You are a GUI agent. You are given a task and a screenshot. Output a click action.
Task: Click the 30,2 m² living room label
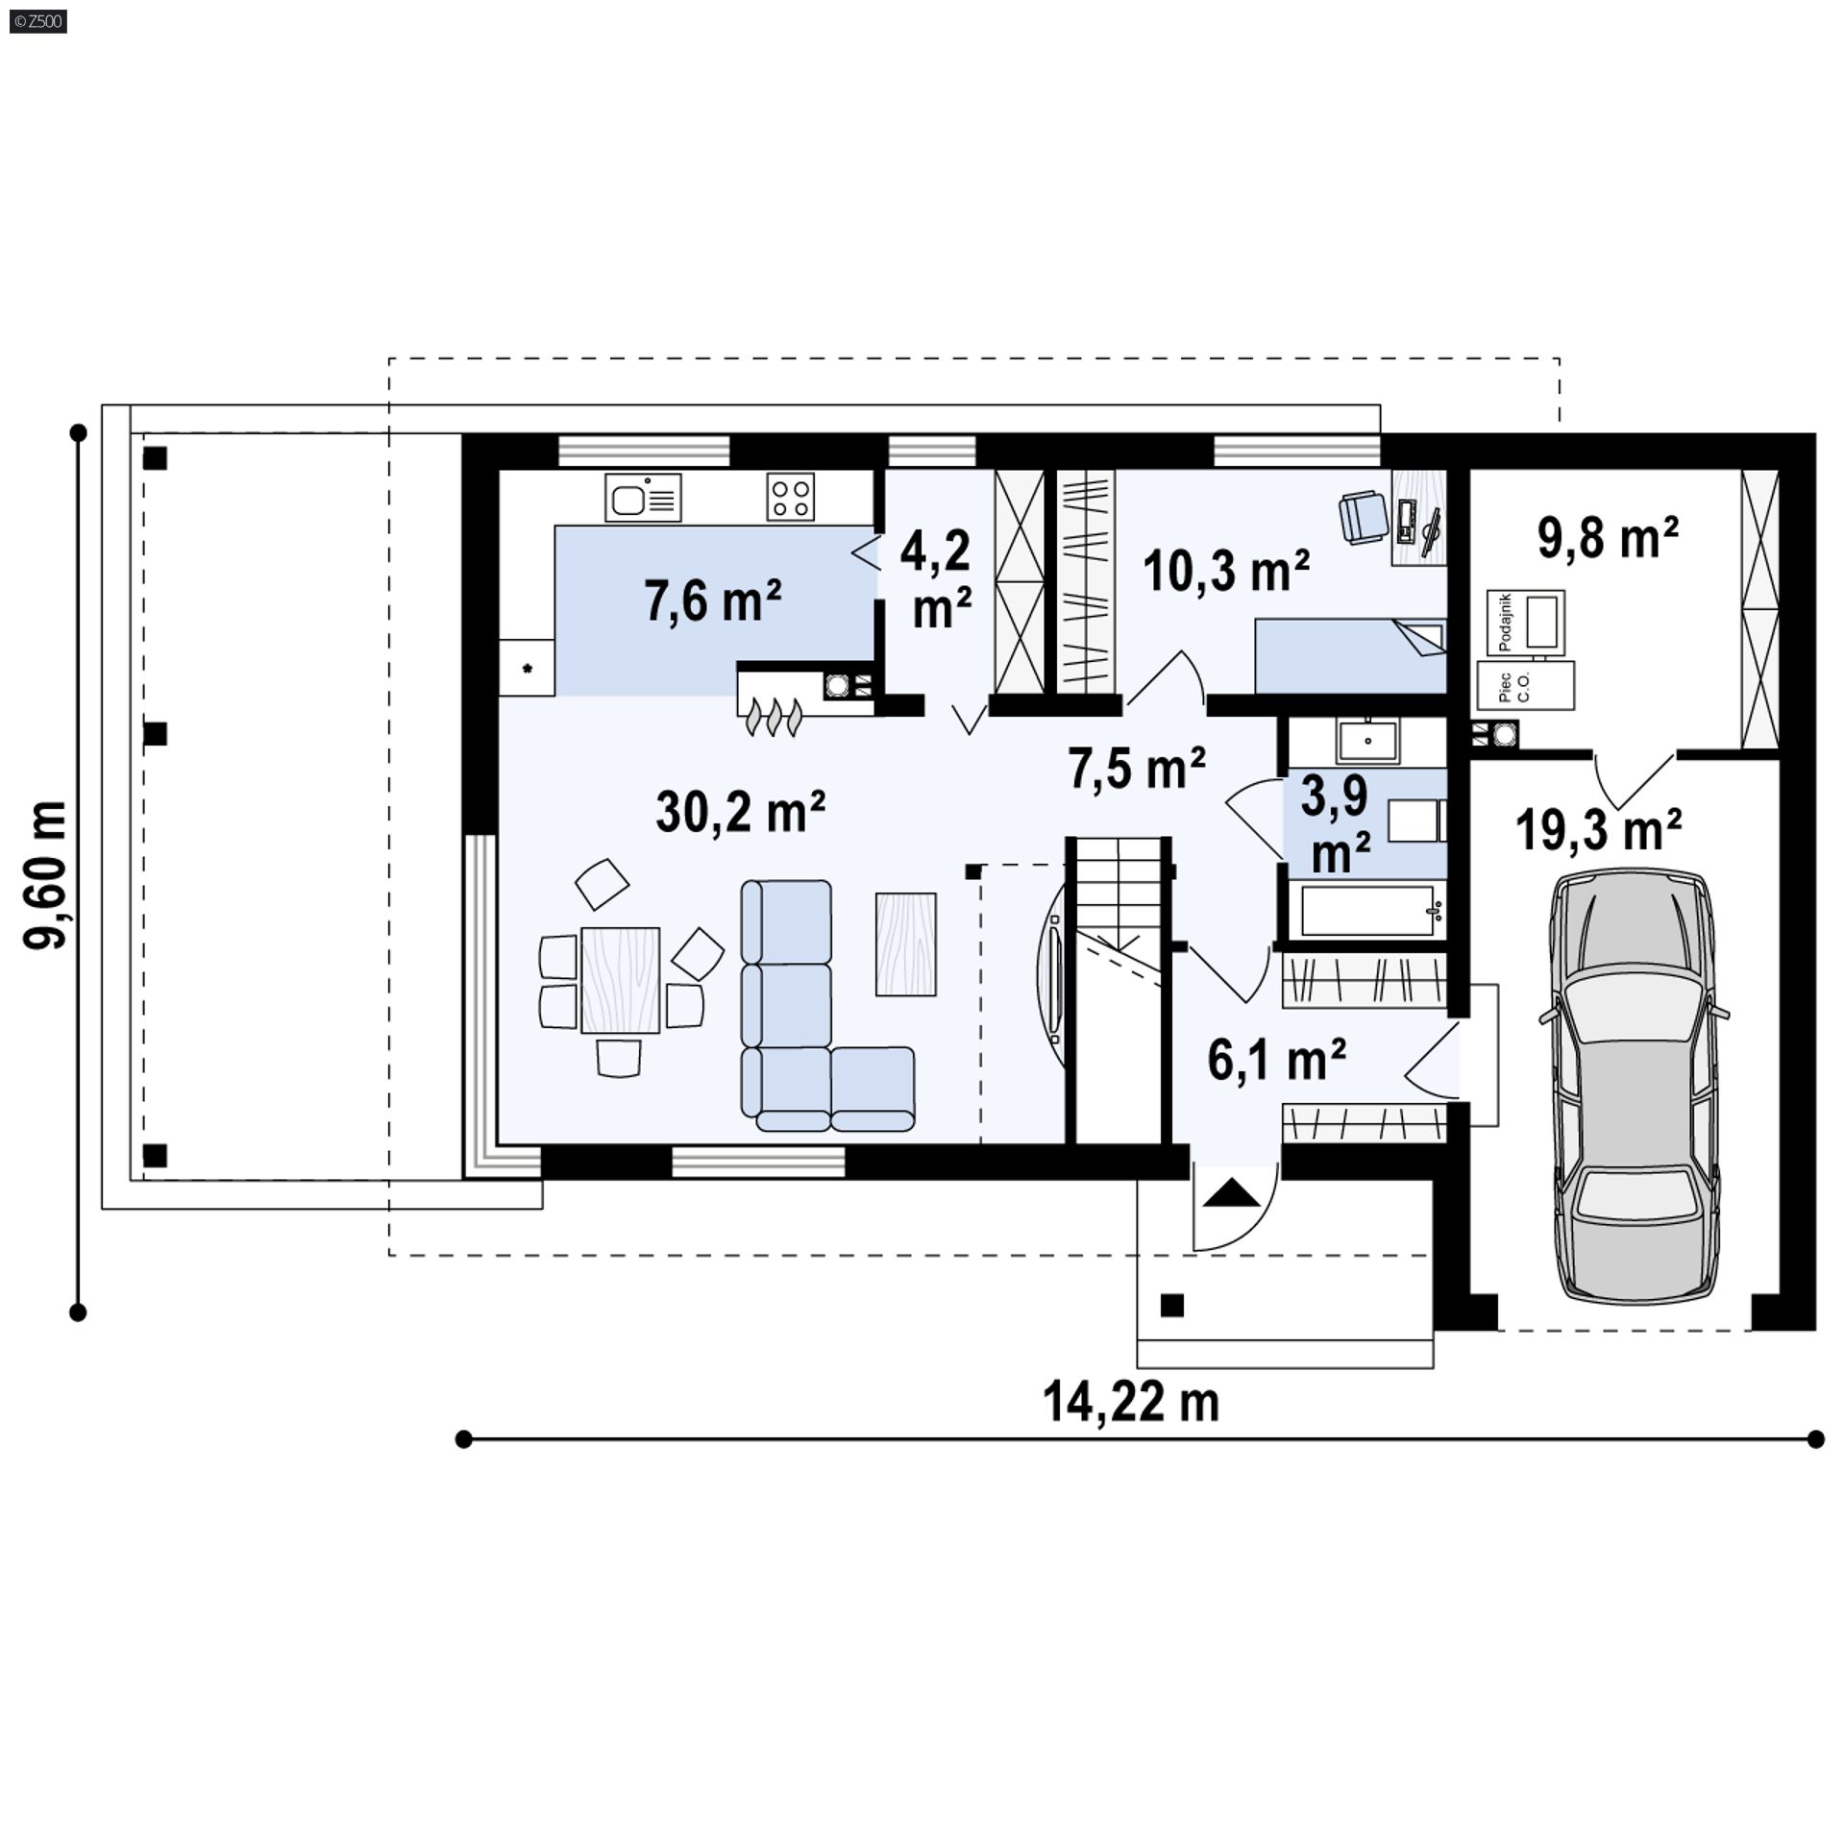pyautogui.click(x=740, y=812)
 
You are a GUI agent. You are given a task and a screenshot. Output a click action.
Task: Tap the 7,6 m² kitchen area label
pyautogui.click(x=712, y=602)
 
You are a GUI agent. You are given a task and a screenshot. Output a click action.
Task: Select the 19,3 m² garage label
pyautogui.click(x=1598, y=829)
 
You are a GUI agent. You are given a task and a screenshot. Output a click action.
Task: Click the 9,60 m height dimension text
pyautogui.click(x=45, y=874)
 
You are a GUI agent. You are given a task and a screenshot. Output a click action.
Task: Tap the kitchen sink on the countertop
pyautogui.click(x=643, y=498)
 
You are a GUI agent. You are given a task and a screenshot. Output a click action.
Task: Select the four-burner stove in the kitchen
pyautogui.click(x=790, y=498)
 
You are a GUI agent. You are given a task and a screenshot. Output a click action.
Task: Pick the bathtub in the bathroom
pyautogui.click(x=1365, y=911)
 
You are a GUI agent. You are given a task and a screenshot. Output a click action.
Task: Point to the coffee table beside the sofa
pyautogui.click(x=905, y=944)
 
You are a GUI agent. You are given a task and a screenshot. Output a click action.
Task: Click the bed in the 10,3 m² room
pyautogui.click(x=1350, y=655)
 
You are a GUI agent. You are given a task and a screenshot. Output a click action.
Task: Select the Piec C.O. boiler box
pyautogui.click(x=1525, y=685)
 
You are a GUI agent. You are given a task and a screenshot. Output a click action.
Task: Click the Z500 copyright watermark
pyautogui.click(x=39, y=20)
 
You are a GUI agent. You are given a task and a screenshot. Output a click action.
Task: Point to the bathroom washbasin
pyautogui.click(x=1368, y=742)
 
